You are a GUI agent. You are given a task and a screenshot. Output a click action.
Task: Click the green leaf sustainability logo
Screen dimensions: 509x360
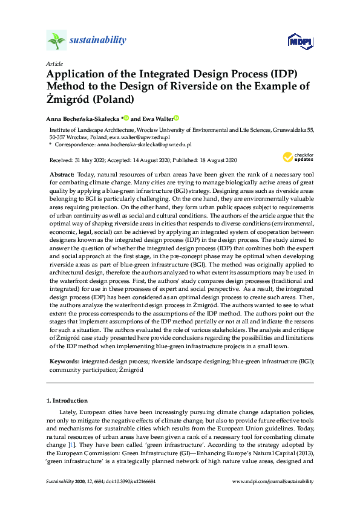[56, 41]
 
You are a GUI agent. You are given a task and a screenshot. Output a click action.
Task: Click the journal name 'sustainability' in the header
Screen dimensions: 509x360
[97, 41]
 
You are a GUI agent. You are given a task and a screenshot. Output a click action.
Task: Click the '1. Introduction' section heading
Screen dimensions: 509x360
[67, 400]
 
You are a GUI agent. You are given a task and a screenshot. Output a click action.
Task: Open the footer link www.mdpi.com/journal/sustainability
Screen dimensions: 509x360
[273, 481]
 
